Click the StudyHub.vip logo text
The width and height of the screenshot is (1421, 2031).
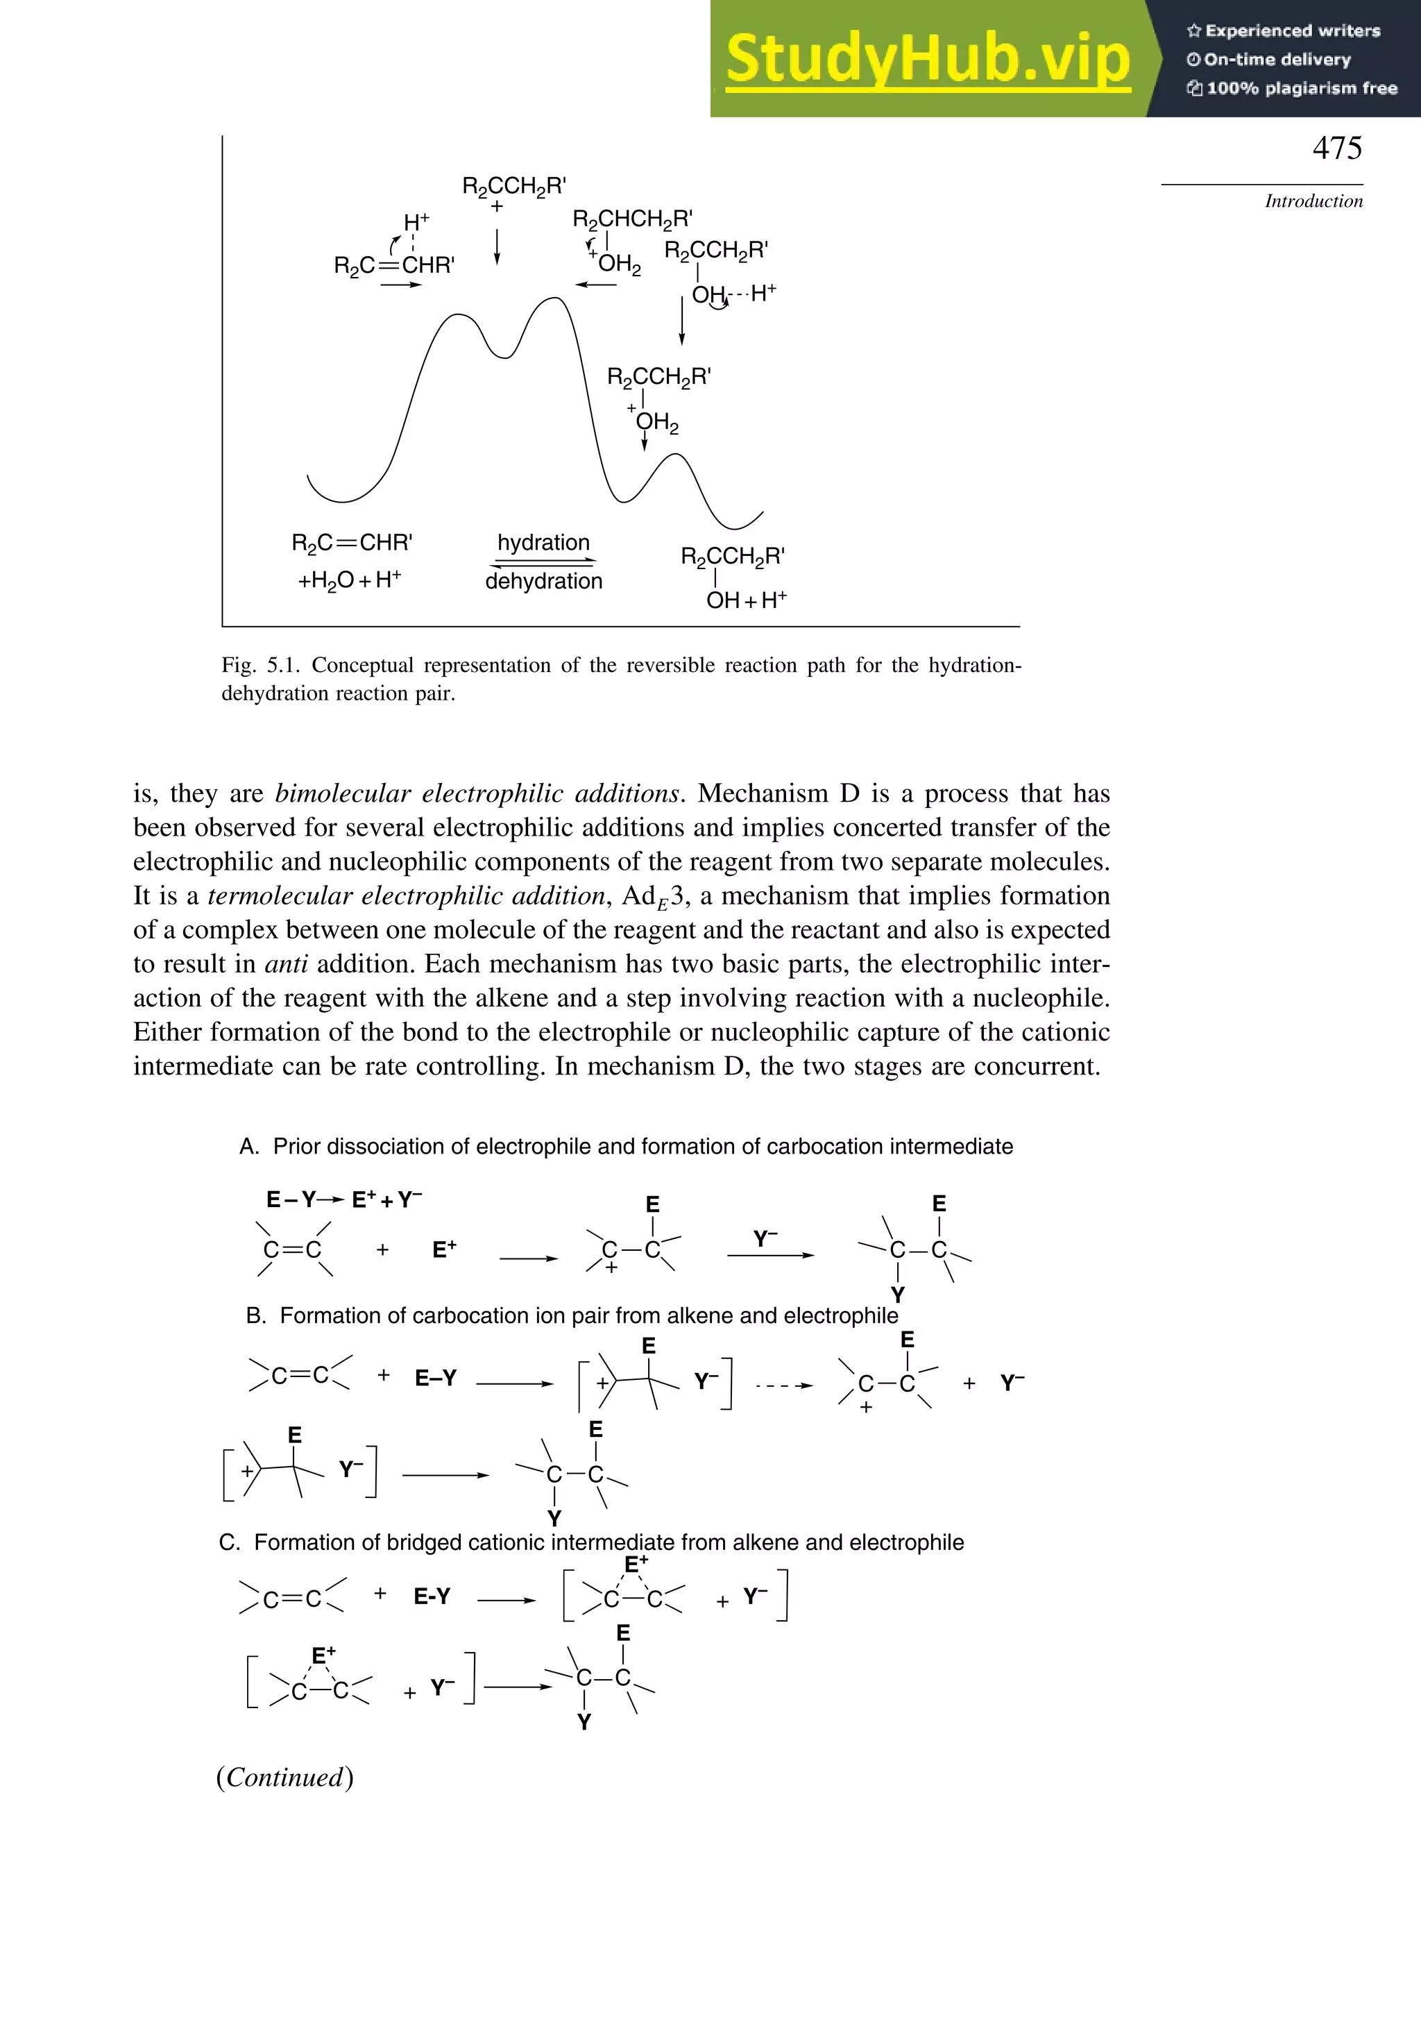(928, 58)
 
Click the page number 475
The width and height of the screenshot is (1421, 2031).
(1336, 148)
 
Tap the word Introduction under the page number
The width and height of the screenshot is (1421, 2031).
(1313, 201)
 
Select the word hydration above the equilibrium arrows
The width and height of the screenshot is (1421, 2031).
(543, 542)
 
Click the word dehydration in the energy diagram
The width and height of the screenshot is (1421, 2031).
(543, 581)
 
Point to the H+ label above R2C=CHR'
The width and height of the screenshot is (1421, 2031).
(416, 222)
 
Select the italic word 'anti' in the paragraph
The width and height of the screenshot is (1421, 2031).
(286, 964)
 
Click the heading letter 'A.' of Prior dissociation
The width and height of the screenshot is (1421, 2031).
(248, 1147)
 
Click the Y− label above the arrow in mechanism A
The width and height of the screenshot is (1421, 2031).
(765, 1238)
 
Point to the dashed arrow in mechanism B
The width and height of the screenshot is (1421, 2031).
(783, 1385)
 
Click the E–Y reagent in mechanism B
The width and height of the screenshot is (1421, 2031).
(435, 1377)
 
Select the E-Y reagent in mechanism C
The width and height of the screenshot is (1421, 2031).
(432, 1596)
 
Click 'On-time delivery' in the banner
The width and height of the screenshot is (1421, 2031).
(1276, 59)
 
